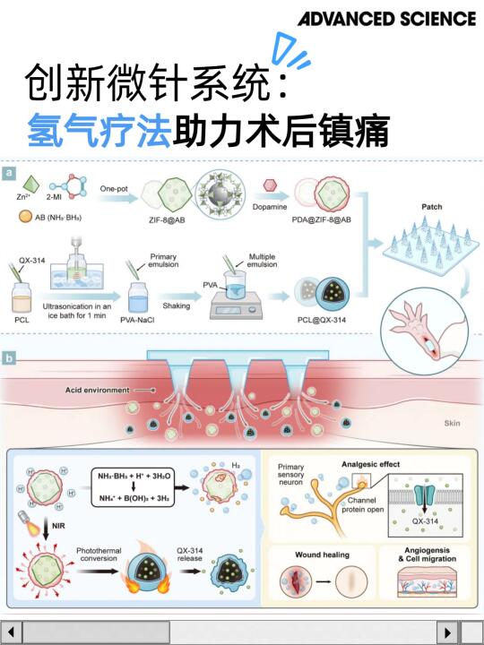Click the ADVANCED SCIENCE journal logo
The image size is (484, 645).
(x=386, y=19)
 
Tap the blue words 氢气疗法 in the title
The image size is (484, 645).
(x=98, y=131)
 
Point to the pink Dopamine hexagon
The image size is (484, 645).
(x=269, y=187)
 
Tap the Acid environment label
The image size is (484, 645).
(x=97, y=391)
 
